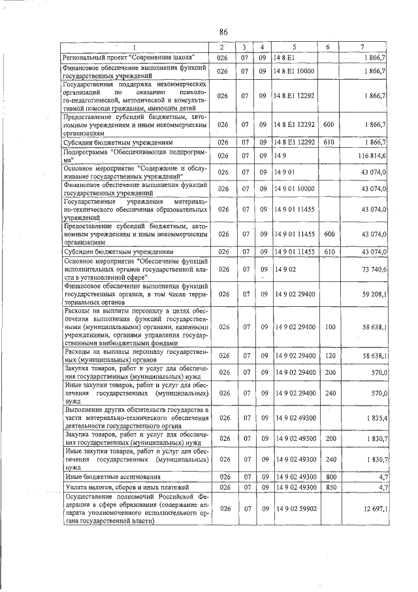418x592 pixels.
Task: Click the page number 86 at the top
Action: pos(223,32)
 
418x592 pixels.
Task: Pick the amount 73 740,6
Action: pos(374,269)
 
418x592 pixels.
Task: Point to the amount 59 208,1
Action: pos(374,295)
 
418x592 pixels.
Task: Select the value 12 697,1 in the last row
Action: pos(374,508)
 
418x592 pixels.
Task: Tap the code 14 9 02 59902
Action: pos(296,508)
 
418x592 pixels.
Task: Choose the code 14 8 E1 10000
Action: pos(295,71)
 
